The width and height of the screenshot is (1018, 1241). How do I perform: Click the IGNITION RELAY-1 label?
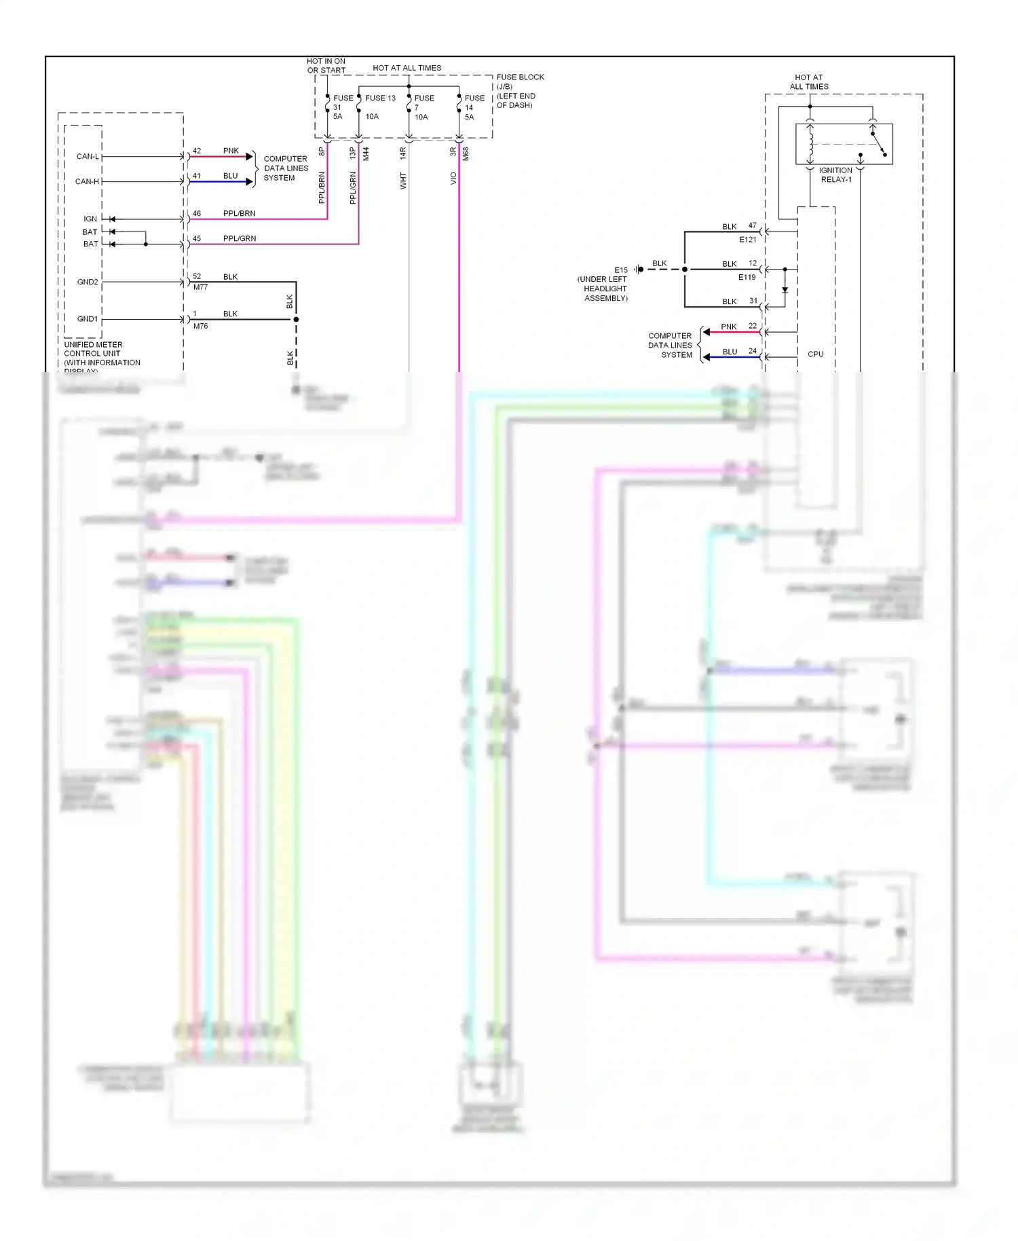[835, 175]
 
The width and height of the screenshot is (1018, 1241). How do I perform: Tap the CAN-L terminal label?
[88, 156]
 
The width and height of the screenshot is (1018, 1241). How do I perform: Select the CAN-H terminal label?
[87, 181]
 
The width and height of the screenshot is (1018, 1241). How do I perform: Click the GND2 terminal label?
[88, 282]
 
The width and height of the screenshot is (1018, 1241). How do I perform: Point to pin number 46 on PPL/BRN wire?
[197, 213]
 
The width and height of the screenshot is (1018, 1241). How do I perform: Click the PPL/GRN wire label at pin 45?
[240, 238]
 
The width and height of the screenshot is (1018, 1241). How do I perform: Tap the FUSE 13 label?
[380, 98]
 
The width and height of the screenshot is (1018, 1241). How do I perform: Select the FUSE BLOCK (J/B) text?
[519, 81]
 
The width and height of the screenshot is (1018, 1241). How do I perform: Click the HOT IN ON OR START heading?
[326, 66]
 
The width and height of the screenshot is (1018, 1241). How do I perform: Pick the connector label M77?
[200, 287]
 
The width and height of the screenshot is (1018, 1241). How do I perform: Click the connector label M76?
[200, 326]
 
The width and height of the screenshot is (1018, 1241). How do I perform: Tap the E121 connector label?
[747, 240]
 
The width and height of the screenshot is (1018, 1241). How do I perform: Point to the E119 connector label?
[747, 277]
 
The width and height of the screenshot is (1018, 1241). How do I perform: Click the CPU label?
[815, 354]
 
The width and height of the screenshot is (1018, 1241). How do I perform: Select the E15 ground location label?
[621, 270]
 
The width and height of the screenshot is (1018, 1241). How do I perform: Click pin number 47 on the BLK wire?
[752, 225]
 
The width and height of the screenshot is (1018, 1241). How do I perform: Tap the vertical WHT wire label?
[403, 181]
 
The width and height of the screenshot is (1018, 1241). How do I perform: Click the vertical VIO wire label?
[453, 179]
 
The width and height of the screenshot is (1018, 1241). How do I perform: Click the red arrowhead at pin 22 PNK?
[706, 332]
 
